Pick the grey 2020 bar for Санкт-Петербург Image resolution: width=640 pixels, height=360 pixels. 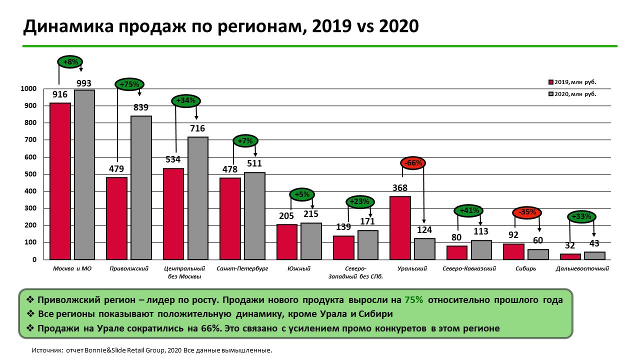click(x=254, y=215)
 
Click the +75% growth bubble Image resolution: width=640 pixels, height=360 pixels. click(x=129, y=84)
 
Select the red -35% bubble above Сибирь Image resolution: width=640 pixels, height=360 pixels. click(x=527, y=212)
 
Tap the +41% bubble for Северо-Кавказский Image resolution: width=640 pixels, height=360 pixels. click(x=468, y=210)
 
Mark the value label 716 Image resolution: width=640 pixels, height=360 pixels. click(x=197, y=128)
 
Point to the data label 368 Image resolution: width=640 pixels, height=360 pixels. click(x=400, y=188)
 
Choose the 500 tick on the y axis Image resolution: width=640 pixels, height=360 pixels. click(x=29, y=174)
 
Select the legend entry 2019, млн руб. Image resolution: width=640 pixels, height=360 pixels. click(x=575, y=82)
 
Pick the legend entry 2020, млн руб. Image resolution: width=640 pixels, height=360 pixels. click(x=575, y=93)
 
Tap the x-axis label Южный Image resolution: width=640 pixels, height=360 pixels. click(x=299, y=268)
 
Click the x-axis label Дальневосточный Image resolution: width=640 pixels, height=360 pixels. click(x=582, y=268)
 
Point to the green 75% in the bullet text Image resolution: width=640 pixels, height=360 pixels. click(x=414, y=300)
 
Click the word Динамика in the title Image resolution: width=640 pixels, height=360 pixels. click(x=62, y=26)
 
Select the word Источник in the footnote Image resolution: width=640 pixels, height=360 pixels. click(x=46, y=350)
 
